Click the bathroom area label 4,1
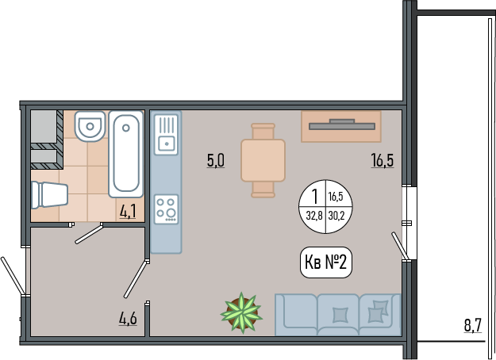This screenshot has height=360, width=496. tap(128, 212)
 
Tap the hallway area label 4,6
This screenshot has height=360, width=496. tap(128, 318)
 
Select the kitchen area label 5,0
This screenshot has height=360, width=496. tap(216, 160)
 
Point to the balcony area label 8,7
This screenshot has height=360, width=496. tap(473, 325)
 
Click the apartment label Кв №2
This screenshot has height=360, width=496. tap(326, 262)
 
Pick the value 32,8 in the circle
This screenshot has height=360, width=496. tap(314, 216)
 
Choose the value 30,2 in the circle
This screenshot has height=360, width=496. tap(336, 216)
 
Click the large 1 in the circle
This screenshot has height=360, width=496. tap(314, 197)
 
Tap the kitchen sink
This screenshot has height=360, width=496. tap(166, 135)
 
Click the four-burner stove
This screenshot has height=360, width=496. tap(166, 209)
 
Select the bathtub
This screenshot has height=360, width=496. tap(126, 154)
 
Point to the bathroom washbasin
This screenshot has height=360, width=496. tap(90, 126)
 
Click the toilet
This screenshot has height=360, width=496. tap(50, 195)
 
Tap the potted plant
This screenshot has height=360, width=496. tap(242, 313)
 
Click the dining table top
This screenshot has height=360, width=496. tap(263, 160)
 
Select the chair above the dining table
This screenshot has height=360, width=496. tap(263, 131)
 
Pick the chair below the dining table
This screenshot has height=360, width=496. tap(263, 190)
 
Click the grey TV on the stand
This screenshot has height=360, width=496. tap(342, 124)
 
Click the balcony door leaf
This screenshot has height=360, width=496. tap(400, 246)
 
